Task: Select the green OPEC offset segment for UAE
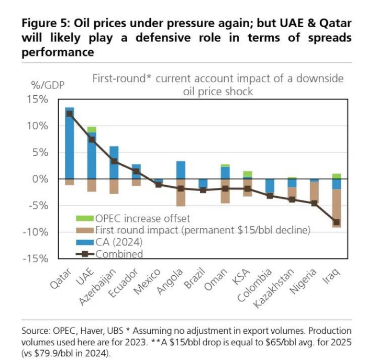click(92, 129)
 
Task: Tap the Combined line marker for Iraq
click(337, 222)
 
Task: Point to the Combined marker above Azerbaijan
click(114, 162)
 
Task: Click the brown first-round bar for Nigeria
click(314, 193)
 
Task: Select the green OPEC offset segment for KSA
click(248, 174)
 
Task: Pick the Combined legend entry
click(118, 254)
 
